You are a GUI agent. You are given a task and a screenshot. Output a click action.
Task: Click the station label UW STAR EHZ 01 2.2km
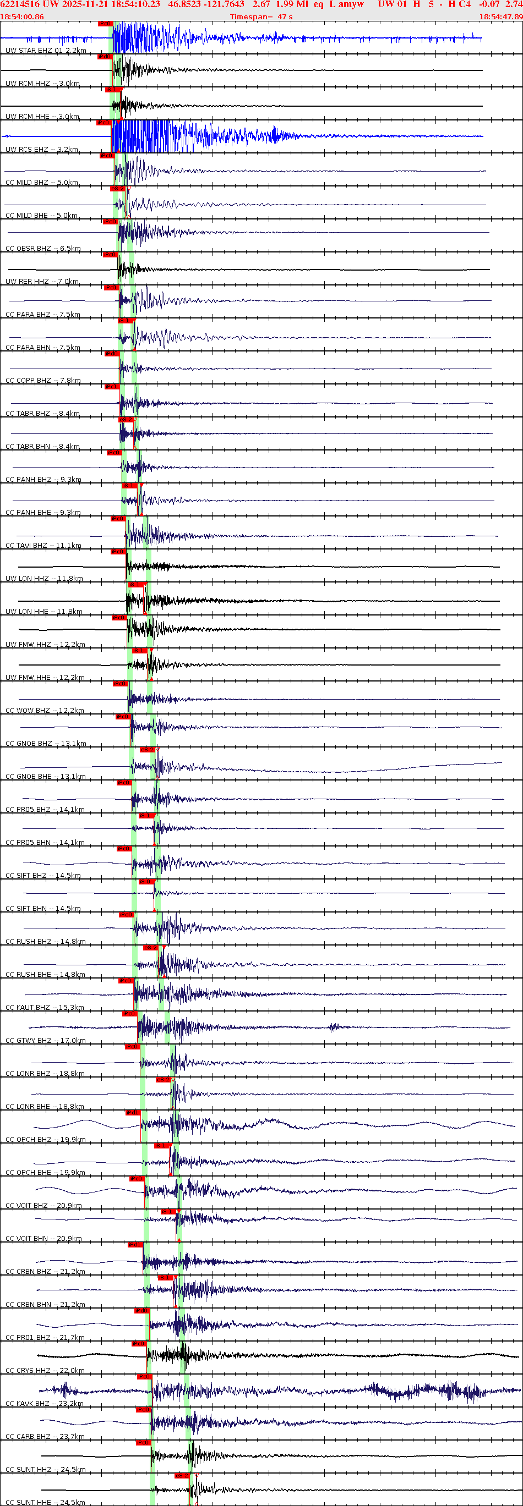point(46,51)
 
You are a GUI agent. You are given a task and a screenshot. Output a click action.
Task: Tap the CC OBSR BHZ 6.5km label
point(43,249)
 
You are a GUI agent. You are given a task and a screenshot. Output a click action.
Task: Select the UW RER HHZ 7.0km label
point(42,282)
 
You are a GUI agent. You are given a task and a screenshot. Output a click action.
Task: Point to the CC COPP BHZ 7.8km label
point(43,381)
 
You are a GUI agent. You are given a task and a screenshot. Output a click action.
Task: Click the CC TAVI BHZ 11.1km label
point(43,546)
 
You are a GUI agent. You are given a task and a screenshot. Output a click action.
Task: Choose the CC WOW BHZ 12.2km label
point(45,711)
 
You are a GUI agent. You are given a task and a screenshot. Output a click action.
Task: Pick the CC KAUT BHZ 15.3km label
point(45,1008)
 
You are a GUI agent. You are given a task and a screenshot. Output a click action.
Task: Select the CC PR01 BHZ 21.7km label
point(45,1338)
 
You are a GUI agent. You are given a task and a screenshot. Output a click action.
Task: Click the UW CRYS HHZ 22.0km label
point(45,1370)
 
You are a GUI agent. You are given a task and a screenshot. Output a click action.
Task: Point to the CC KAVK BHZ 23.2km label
point(45,1404)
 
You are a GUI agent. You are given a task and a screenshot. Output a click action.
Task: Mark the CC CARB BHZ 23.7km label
point(45,1437)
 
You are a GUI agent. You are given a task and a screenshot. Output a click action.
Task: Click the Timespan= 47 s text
point(261,17)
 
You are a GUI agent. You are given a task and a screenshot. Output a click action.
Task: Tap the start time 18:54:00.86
point(21,17)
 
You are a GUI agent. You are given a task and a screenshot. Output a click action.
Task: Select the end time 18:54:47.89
point(501,17)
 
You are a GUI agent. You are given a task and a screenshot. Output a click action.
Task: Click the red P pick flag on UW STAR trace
point(105,24)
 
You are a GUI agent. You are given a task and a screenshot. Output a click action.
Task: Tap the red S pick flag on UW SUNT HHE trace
point(182,1476)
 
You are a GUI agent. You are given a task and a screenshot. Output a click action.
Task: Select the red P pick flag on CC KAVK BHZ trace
point(143,1377)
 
